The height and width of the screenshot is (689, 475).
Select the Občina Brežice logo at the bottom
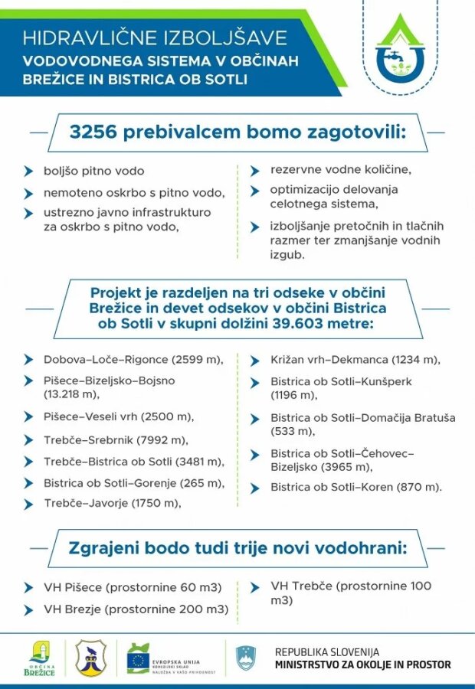click(40, 657)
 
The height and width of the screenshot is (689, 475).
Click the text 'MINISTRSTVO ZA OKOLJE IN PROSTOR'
click(362, 665)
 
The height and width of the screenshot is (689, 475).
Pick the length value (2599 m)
click(197, 359)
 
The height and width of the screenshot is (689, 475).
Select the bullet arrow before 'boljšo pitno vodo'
click(28, 171)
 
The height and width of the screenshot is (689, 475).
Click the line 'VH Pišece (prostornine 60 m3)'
click(133, 587)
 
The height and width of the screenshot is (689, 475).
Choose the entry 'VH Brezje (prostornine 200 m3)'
click(136, 609)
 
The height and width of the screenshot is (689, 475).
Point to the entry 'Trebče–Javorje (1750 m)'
click(112, 503)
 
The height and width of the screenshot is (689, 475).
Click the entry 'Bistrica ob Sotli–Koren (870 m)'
click(356, 486)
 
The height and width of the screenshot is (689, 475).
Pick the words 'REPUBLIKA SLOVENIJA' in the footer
click(327, 651)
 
